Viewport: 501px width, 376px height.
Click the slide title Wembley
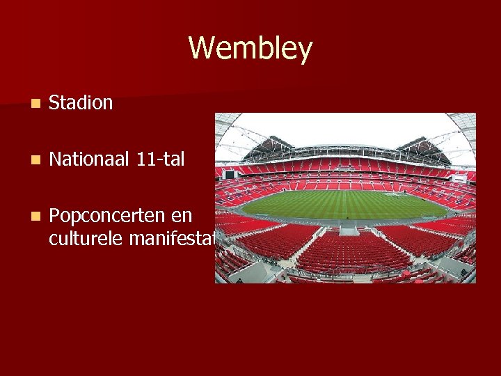(250, 49)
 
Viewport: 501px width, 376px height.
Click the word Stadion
(81, 103)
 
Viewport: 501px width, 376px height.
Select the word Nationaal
(89, 159)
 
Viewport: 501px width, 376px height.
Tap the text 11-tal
(161, 159)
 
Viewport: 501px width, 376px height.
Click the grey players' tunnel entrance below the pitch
(349, 229)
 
